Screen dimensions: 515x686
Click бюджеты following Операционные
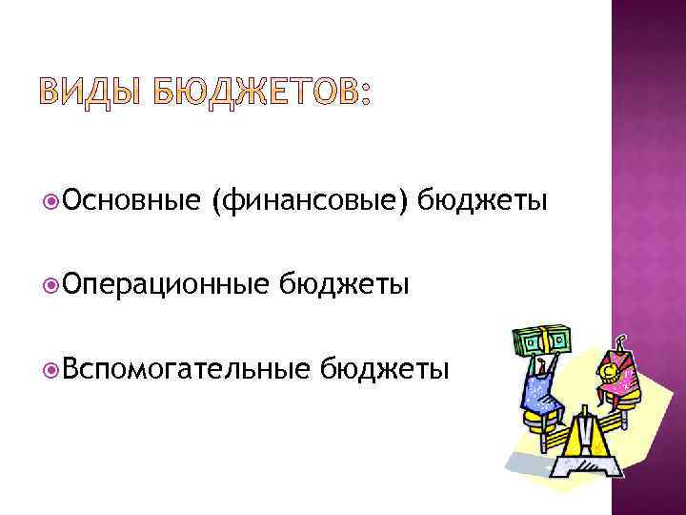(345, 283)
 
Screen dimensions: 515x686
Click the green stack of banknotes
(540, 340)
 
